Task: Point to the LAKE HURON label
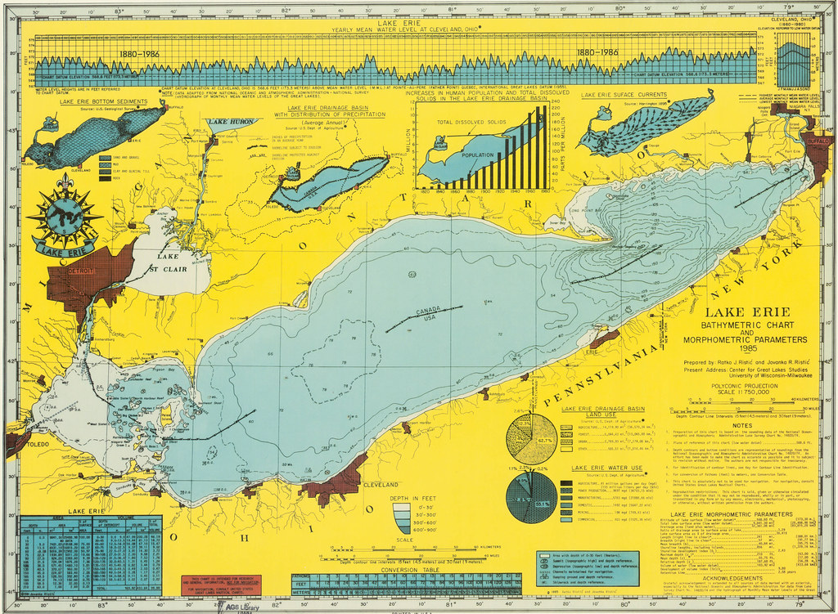[232, 122]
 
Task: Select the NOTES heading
[742, 424]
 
